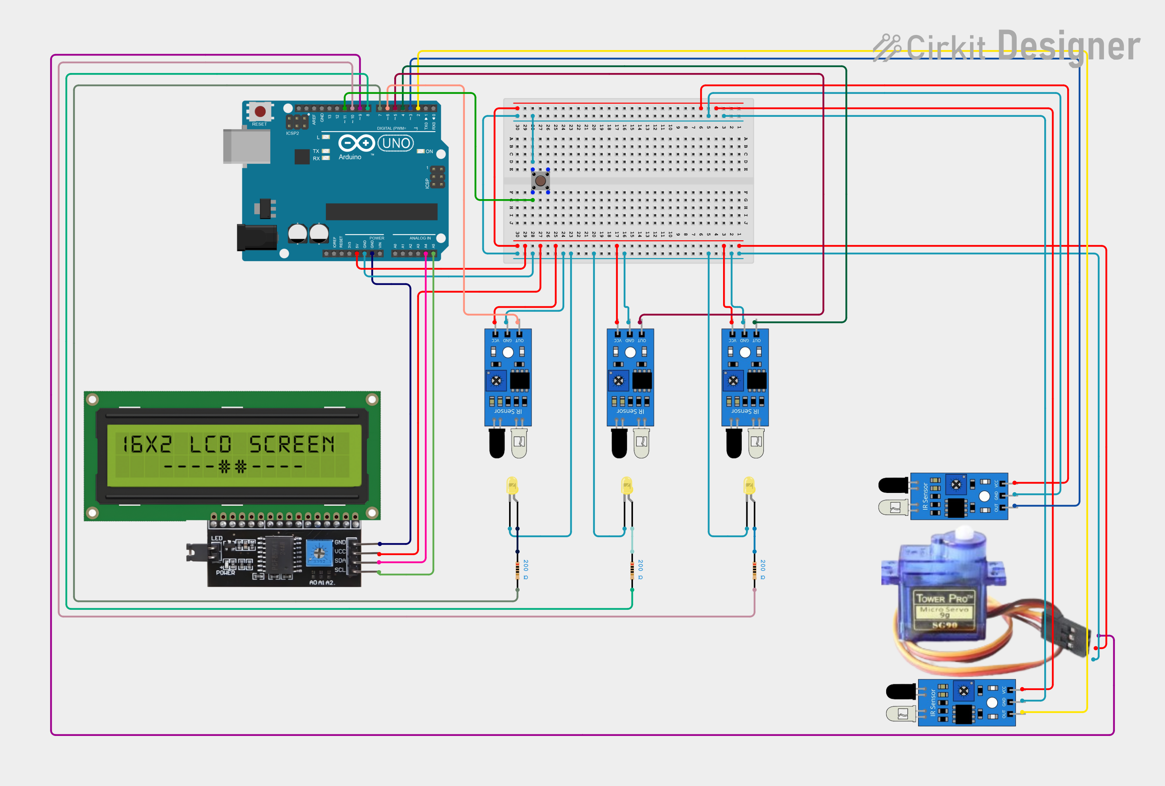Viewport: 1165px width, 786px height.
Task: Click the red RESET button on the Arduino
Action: pos(260,111)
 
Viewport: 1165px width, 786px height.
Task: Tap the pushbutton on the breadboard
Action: pos(541,180)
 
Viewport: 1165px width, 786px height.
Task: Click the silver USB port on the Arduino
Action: pos(246,146)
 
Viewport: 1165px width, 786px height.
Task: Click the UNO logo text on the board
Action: pos(396,144)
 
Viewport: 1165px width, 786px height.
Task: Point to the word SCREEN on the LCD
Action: pos(292,444)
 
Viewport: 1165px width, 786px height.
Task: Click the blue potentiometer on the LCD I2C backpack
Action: pos(319,553)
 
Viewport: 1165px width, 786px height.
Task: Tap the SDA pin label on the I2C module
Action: pos(339,560)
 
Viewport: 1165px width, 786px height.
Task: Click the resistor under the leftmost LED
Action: pos(517,571)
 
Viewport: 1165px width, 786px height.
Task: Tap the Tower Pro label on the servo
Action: pos(944,598)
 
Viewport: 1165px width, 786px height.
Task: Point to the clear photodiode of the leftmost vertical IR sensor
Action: pos(519,443)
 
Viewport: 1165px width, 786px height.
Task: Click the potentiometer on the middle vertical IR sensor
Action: pos(619,381)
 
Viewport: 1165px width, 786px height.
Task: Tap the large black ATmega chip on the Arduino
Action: pos(381,212)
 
